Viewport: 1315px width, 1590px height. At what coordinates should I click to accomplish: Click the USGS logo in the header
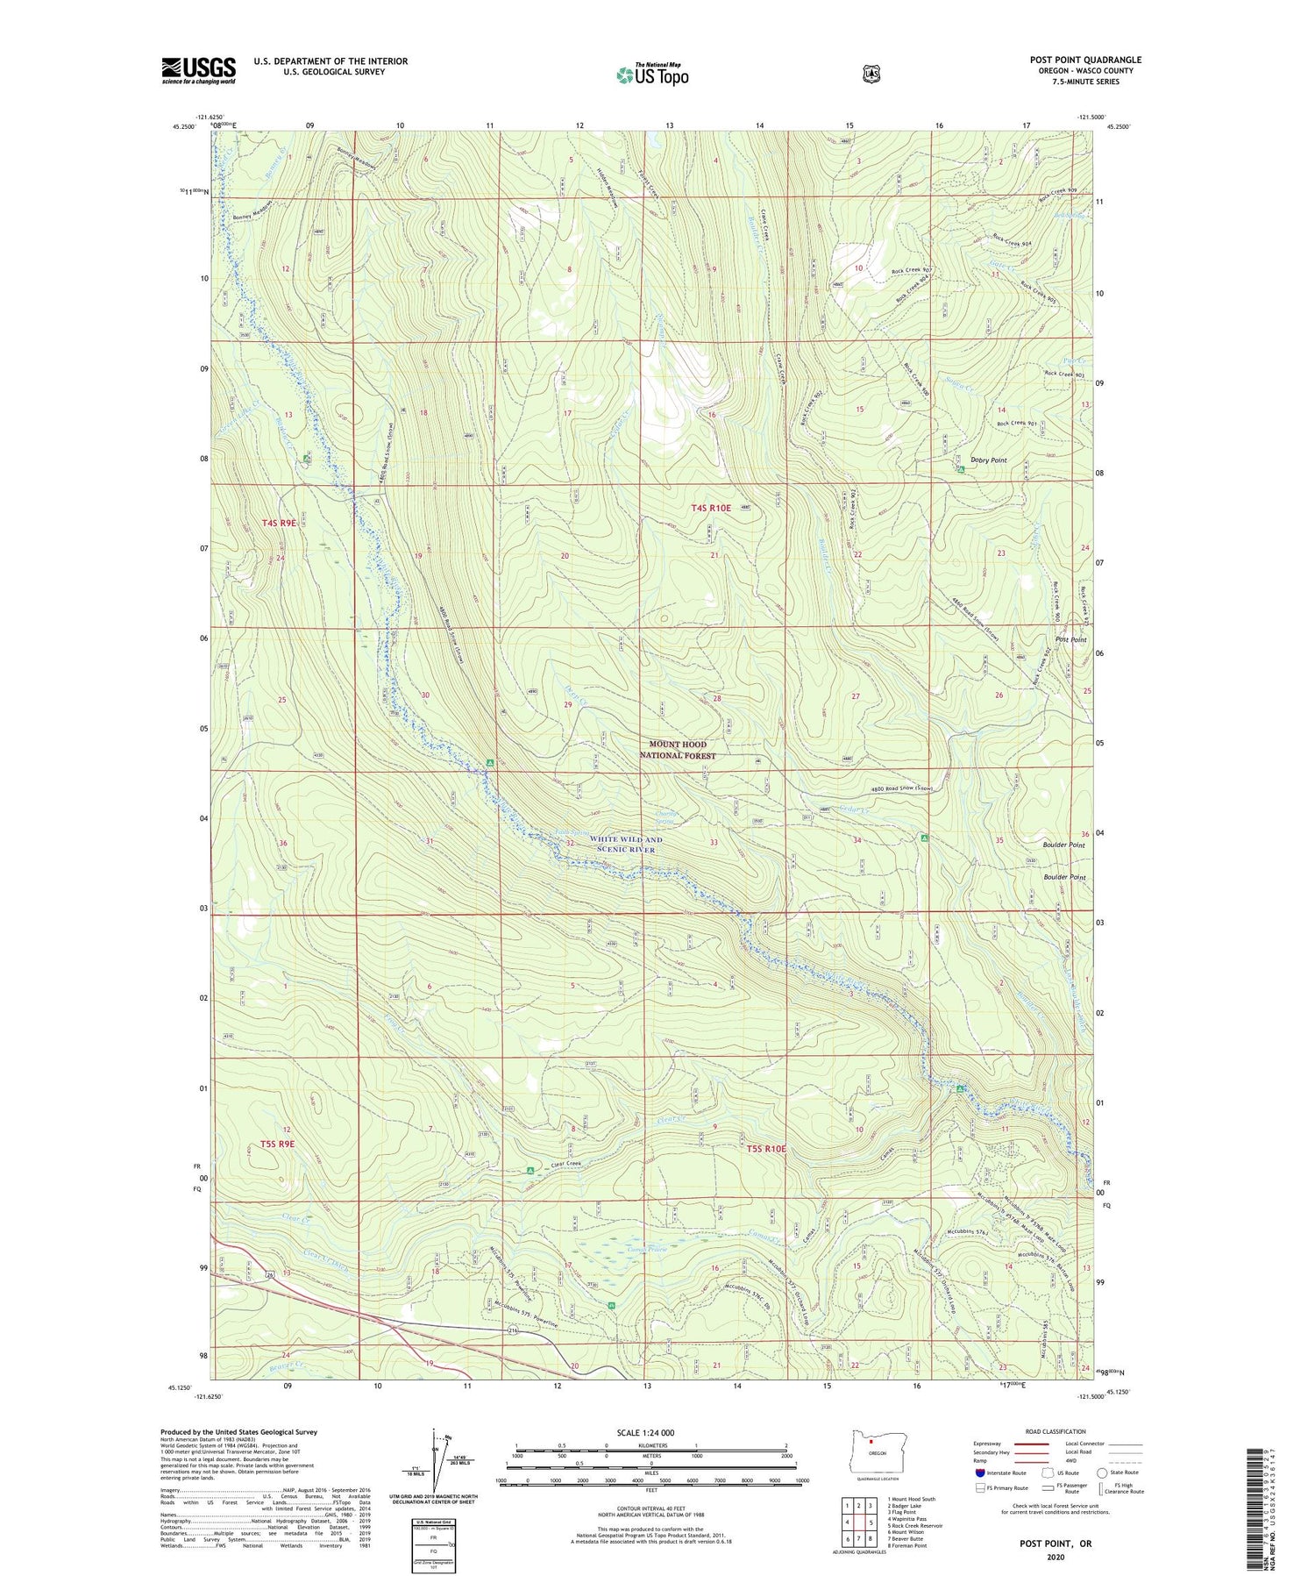198,70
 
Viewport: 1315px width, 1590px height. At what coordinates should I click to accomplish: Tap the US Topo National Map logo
652,75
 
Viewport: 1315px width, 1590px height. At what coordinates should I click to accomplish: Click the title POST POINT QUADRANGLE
1085,61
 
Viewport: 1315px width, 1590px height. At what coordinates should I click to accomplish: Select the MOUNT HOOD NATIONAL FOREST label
677,750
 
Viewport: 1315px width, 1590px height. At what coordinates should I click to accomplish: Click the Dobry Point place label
988,460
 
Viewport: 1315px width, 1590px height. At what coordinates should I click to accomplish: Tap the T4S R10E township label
710,508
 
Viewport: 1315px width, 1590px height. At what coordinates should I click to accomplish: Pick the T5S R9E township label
277,1144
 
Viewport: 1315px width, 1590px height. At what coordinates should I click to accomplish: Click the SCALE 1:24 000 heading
645,1433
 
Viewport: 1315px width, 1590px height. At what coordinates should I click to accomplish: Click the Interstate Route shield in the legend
980,1473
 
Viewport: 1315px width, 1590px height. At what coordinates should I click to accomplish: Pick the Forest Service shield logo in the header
871,75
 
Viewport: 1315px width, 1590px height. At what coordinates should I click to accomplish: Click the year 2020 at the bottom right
1055,1557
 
